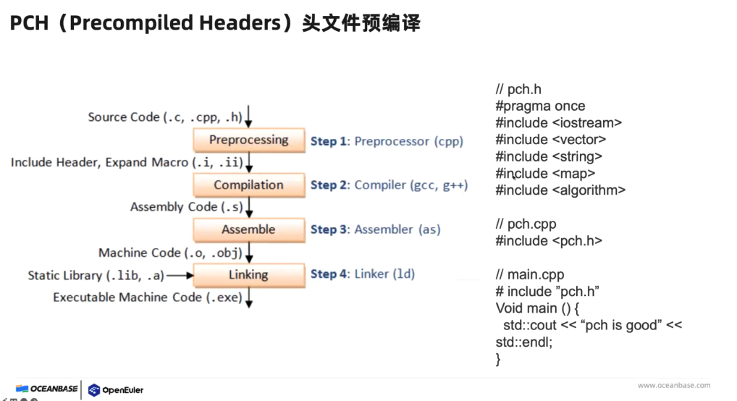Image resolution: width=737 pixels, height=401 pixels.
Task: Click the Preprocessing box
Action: click(248, 140)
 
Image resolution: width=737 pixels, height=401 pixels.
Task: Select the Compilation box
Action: click(248, 185)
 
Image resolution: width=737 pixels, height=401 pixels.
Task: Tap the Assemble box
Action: click(248, 230)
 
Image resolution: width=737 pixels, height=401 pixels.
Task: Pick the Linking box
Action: click(248, 275)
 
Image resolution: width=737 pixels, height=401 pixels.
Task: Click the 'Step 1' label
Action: click(328, 142)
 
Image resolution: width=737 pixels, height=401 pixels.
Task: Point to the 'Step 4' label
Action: click(328, 274)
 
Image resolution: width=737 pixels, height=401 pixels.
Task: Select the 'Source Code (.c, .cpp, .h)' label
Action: click(164, 117)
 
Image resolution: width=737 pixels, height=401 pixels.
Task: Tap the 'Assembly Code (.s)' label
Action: click(186, 207)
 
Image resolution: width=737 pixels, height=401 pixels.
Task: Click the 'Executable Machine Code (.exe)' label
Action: click(147, 297)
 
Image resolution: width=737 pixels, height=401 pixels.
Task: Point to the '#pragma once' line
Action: click(540, 106)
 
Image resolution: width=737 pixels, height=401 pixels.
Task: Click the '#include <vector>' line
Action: click(550, 140)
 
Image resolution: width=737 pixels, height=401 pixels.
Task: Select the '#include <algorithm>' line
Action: click(560, 190)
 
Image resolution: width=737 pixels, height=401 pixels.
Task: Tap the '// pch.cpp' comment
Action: click(526, 224)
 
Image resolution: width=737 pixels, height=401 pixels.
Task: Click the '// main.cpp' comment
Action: click(529, 275)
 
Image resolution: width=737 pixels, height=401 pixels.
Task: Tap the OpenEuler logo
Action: click(116, 390)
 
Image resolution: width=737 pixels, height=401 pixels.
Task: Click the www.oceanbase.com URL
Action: click(673, 386)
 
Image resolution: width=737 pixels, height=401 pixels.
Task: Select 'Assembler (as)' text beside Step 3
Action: click(397, 230)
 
